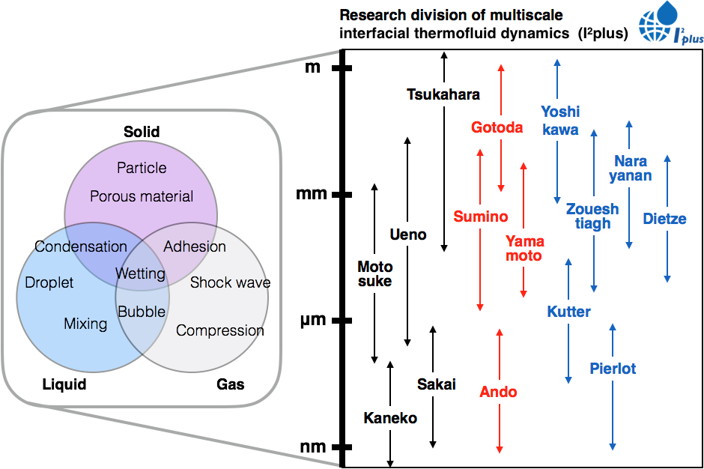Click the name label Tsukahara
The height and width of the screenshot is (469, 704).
click(x=443, y=95)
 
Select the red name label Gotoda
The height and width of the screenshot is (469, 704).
click(x=497, y=127)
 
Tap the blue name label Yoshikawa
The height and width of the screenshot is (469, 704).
click(x=560, y=121)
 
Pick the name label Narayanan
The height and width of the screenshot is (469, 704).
click(x=630, y=169)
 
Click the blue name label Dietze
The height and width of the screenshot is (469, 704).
click(x=664, y=220)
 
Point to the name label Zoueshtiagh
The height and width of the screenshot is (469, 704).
click(x=592, y=216)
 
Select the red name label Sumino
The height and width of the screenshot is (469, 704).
click(x=480, y=217)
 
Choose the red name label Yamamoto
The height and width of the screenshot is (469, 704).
click(x=524, y=249)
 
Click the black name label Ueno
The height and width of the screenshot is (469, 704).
click(x=408, y=234)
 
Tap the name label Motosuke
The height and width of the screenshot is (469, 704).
click(x=374, y=274)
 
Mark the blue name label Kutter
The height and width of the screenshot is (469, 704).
click(x=569, y=312)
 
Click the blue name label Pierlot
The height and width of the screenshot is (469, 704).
click(x=613, y=369)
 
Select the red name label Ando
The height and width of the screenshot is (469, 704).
click(x=498, y=391)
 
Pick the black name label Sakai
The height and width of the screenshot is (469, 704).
click(x=436, y=384)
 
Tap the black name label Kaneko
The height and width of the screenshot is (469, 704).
click(x=389, y=418)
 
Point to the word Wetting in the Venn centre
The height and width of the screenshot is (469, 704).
click(x=140, y=273)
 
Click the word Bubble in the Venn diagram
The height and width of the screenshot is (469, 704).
click(x=142, y=311)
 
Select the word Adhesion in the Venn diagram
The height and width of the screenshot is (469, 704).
click(x=195, y=246)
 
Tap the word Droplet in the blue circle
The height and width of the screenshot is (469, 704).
click(x=49, y=282)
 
